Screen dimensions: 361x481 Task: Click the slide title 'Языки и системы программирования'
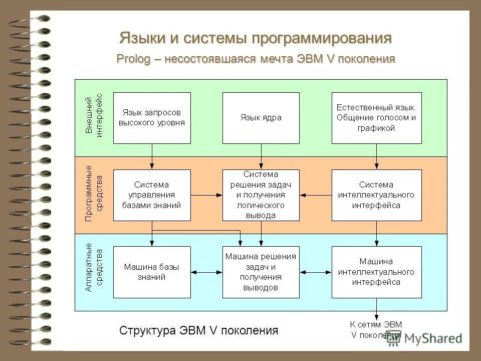(256, 38)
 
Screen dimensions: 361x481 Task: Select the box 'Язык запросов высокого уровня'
(152, 118)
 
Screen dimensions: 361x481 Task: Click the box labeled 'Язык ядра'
(261, 118)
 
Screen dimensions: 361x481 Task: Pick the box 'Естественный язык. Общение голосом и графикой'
(376, 118)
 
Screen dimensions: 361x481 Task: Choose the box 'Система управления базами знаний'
(152, 195)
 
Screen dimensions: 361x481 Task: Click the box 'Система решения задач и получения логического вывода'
(261, 195)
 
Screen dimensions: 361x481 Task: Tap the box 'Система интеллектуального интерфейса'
(376, 195)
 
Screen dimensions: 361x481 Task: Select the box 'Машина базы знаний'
(152, 272)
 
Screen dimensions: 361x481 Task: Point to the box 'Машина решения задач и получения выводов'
(261, 272)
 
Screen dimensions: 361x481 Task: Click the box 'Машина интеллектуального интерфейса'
(376, 272)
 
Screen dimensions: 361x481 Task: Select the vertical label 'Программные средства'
(94, 194)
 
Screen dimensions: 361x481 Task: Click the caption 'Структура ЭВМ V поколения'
(198, 331)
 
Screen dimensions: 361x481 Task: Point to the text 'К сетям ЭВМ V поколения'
(376, 329)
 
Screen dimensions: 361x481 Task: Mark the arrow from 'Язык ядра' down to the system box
(261, 156)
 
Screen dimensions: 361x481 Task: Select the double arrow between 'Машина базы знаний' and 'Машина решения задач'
(206, 272)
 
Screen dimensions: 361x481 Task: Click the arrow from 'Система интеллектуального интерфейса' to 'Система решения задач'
(316, 195)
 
